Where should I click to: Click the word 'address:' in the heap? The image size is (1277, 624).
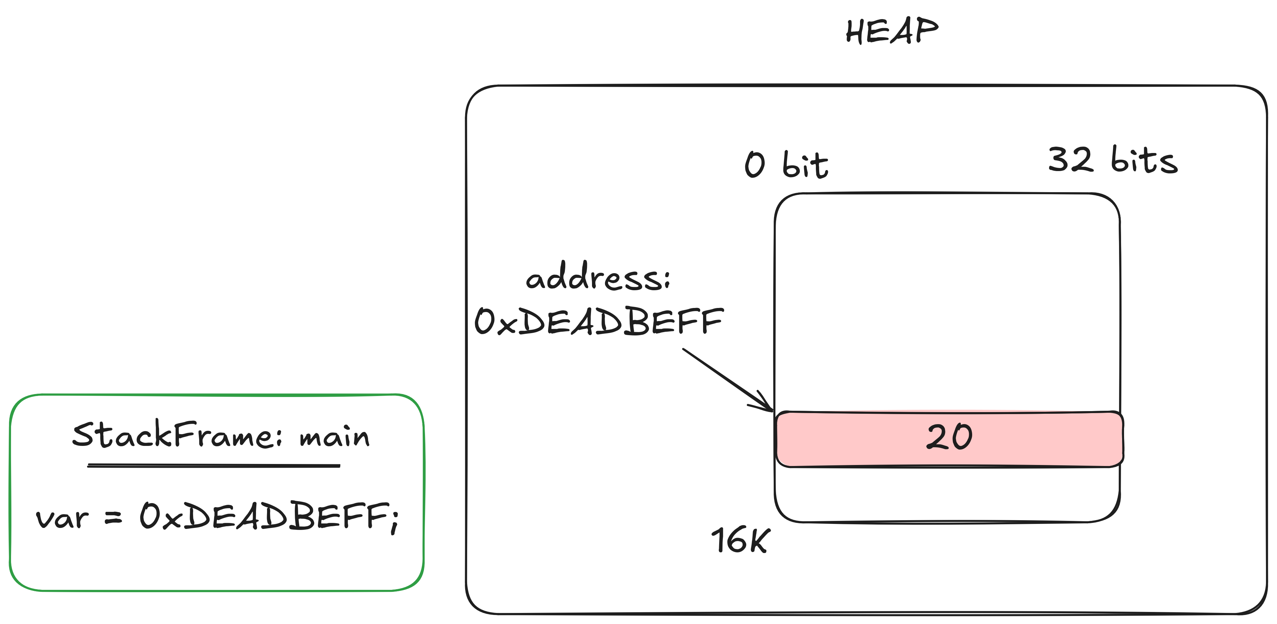[x=598, y=277]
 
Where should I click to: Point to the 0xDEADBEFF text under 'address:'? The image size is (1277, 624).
[x=599, y=321]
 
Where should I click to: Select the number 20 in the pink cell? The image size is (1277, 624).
[x=949, y=437]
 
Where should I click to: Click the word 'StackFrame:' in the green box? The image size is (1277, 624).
[x=177, y=435]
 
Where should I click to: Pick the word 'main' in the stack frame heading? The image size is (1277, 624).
[x=335, y=437]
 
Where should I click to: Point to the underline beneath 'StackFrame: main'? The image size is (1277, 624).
[x=214, y=466]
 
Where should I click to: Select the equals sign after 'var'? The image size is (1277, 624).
[x=113, y=518]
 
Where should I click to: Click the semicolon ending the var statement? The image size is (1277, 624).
[x=394, y=521]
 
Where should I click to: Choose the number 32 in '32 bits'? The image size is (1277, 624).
[x=1071, y=160]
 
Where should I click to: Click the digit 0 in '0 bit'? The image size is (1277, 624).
[x=755, y=165]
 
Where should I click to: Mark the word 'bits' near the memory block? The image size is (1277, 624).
[x=1144, y=160]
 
